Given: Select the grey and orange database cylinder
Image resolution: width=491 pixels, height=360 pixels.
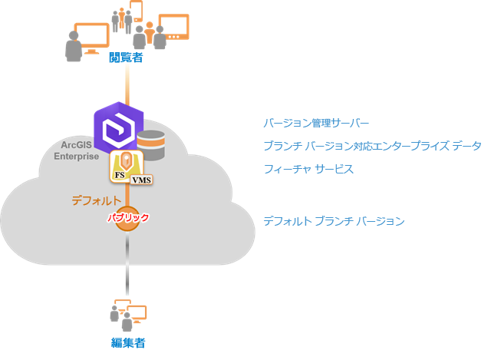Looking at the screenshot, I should (x=151, y=144).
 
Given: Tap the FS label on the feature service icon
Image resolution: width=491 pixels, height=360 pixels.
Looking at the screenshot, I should (x=120, y=176).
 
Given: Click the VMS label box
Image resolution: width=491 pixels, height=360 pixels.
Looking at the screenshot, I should (x=141, y=180).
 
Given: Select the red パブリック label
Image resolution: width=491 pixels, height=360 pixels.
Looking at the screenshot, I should (x=127, y=218).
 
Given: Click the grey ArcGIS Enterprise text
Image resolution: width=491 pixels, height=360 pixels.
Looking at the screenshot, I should (x=77, y=150).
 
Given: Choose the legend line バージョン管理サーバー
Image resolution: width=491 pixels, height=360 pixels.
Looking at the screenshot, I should (x=316, y=124).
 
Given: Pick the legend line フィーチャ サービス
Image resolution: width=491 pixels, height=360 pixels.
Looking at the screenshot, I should (x=308, y=168).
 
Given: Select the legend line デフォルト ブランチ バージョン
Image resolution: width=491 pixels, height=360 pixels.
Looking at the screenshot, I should (x=334, y=221).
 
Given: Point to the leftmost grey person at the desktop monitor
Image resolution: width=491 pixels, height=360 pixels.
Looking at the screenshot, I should (x=74, y=47).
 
